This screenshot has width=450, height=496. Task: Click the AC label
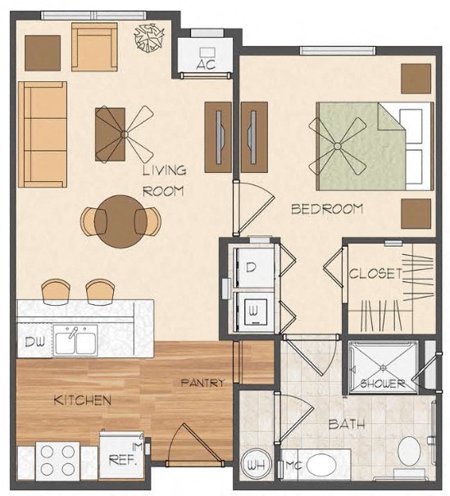pos(205,65)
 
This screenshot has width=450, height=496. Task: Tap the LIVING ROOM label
pos(164,180)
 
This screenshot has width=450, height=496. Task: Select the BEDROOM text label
pos(327,209)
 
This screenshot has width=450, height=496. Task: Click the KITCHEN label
pos(82,400)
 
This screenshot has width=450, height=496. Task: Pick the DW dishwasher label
pos(32,340)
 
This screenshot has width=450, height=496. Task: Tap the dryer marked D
pos(252,267)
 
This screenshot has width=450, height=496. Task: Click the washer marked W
pos(253,310)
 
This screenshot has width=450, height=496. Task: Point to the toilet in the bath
pos(409,453)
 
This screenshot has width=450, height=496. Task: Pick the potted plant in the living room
pos(150,36)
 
